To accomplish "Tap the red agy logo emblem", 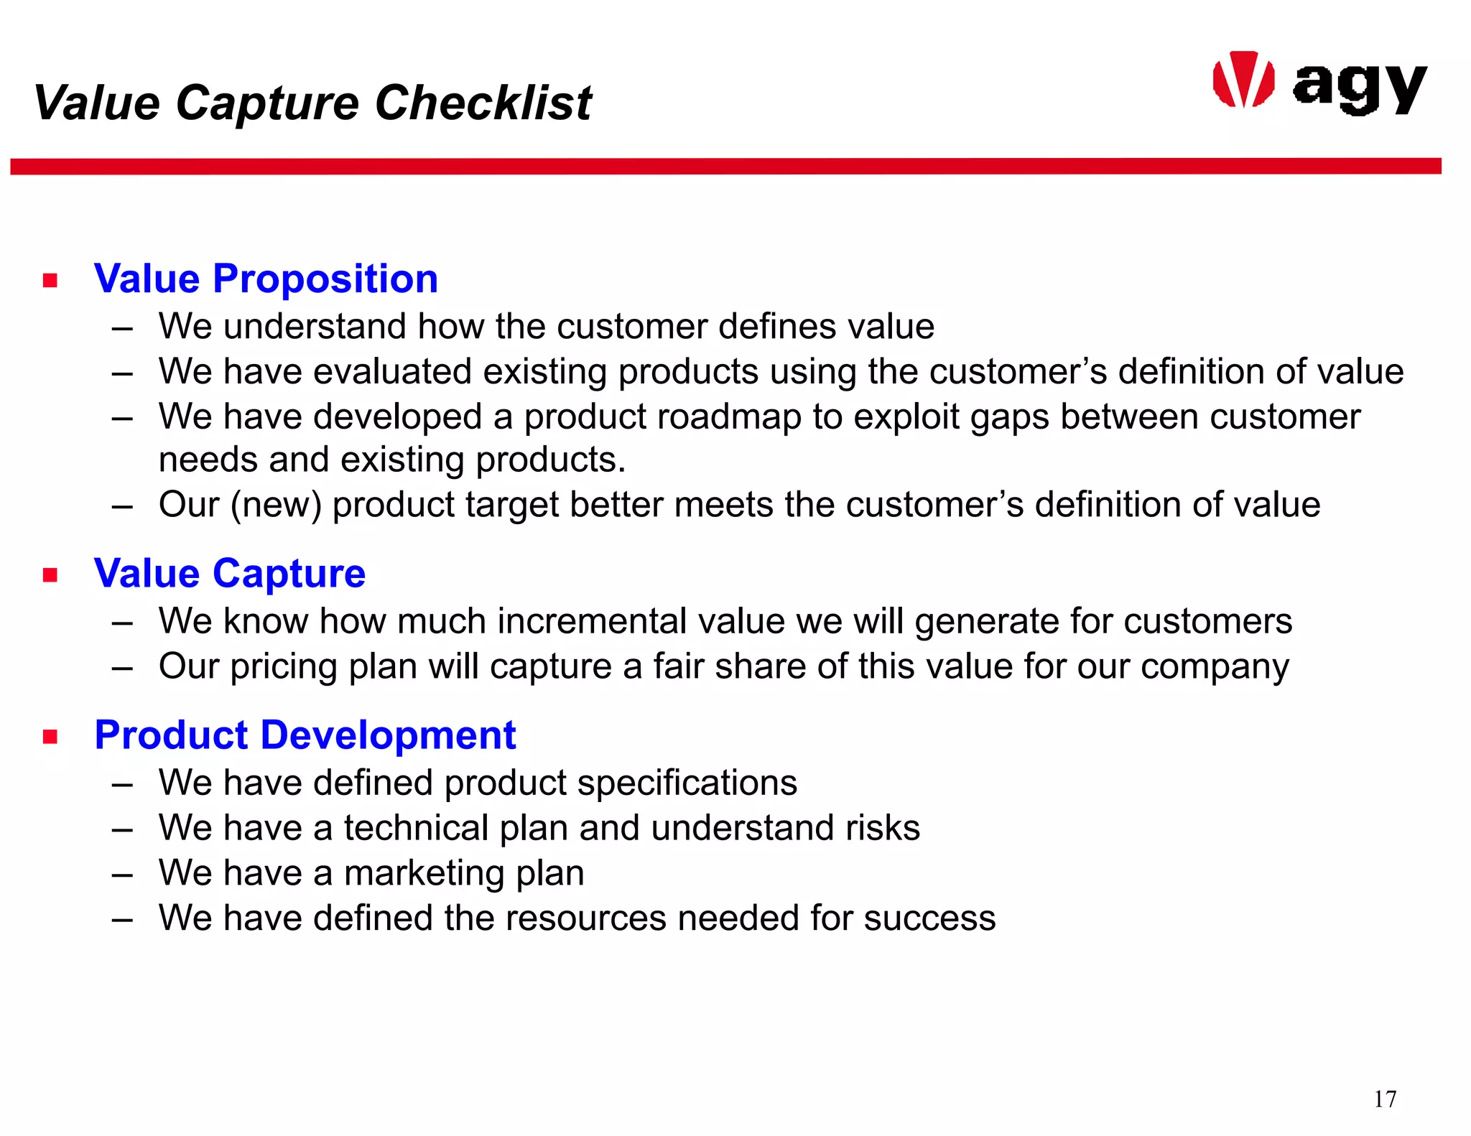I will tap(1243, 80).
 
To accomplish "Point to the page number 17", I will tap(1385, 1099).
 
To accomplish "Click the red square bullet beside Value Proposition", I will tap(50, 280).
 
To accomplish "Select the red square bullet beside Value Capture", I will tap(50, 575).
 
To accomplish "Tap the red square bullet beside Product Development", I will tap(50, 737).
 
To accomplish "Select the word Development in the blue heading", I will tap(388, 735).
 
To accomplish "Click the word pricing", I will tap(284, 667).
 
